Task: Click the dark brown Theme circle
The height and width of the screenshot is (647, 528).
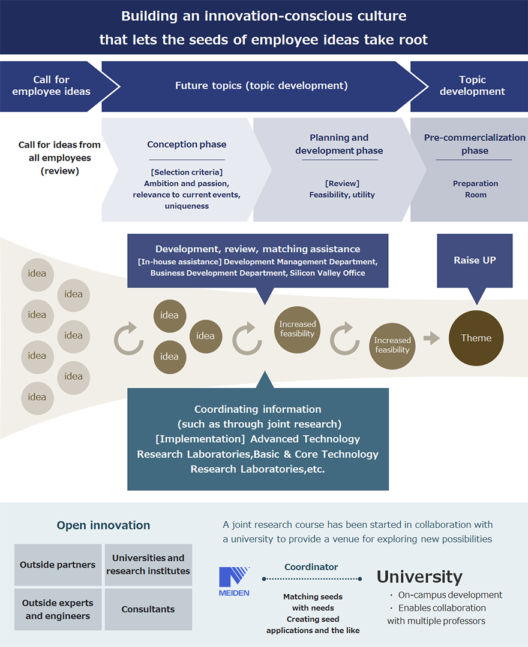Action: pos(476,338)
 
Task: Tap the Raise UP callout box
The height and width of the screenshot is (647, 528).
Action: pos(475,261)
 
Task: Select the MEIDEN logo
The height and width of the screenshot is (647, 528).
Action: pos(234,581)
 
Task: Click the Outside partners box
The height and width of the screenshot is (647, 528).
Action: pos(58,565)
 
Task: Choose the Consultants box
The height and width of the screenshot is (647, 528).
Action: pos(148,609)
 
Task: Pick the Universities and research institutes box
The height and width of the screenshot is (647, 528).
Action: pos(148,565)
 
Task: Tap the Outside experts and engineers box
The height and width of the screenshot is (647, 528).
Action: pos(58,609)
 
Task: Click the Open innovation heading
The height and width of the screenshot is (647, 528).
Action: pos(103,525)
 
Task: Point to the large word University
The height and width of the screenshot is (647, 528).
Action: pos(419,577)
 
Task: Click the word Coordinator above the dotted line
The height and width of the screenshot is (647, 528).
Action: pos(311,567)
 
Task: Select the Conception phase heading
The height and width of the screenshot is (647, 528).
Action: pos(187,144)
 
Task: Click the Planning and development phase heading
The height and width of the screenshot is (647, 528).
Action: pos(339,144)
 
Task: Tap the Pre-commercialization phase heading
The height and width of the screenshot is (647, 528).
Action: pos(475,144)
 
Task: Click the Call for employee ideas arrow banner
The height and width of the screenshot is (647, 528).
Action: pos(52,86)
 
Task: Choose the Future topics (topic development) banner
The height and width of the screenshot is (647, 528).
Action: pos(261,86)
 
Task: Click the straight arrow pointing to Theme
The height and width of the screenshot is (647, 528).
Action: pos(431,338)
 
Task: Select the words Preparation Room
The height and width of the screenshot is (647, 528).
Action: pos(475,189)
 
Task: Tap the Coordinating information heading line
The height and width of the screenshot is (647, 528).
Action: pos(258,409)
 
